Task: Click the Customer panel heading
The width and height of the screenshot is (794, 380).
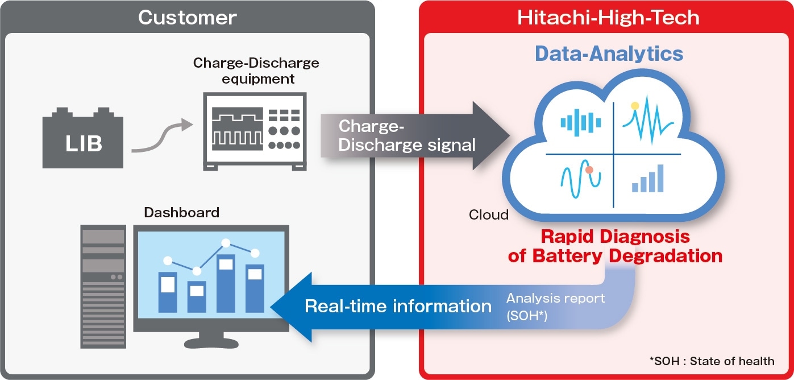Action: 187,18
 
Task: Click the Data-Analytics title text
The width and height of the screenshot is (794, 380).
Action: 609,54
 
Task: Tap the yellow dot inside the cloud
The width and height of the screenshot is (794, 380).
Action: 635,105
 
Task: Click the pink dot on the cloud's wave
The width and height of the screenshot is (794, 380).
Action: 589,170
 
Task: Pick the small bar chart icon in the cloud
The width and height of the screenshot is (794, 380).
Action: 647,179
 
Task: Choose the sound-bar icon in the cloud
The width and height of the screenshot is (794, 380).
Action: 580,121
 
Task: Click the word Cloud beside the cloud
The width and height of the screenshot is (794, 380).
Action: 488,215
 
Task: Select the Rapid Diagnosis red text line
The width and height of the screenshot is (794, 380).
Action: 614,236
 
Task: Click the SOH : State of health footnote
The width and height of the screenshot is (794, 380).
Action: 712,361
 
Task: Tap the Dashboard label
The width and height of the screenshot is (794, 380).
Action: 181,213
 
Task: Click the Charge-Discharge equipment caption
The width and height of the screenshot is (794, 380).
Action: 256,71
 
